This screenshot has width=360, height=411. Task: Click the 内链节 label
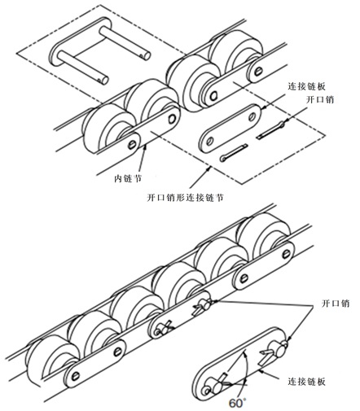tap(128, 179)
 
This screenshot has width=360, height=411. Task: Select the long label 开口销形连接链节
tap(185, 197)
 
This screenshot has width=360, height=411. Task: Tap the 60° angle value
tap(237, 403)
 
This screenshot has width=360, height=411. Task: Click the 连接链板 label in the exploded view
tap(306, 86)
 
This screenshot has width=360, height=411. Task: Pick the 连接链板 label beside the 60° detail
tap(306, 382)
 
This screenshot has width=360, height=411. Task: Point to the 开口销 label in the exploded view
tap(319, 100)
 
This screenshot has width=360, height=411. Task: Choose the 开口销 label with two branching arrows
tap(336, 303)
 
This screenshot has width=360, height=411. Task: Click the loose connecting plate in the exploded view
tap(230, 129)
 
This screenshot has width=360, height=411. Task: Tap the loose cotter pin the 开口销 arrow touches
tap(270, 130)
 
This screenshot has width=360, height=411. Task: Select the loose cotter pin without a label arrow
tap(234, 153)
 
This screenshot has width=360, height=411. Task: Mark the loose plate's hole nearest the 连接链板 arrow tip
tap(252, 116)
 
